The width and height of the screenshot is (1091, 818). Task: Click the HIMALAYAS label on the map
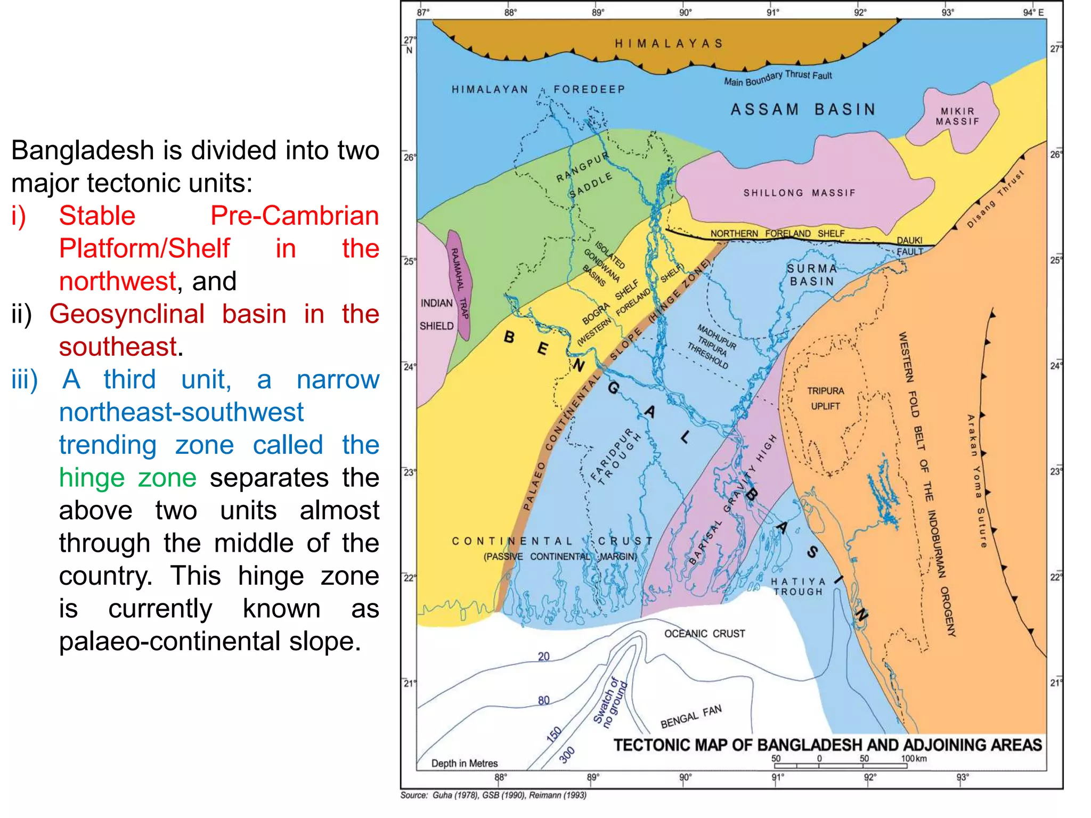[x=669, y=43]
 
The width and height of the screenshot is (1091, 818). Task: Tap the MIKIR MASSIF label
[x=957, y=116]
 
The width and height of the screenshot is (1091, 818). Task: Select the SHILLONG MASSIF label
[x=799, y=193]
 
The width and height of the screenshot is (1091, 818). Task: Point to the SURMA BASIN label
[x=812, y=275]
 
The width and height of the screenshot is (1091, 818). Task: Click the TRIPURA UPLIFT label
[x=825, y=398]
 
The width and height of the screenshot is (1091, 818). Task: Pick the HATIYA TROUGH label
[x=798, y=586]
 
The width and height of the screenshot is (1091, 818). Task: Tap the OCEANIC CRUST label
[x=704, y=634]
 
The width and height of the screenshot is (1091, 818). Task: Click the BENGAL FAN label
[x=691, y=717]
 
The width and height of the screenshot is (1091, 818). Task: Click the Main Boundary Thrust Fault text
[x=777, y=78]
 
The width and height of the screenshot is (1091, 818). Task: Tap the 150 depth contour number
[x=554, y=734]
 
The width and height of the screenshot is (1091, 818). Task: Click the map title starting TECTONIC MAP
[x=827, y=745]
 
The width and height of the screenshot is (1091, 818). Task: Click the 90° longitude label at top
[x=685, y=12]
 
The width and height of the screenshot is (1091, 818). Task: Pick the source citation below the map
[x=493, y=795]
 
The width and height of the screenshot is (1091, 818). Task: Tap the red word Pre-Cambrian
[x=294, y=216]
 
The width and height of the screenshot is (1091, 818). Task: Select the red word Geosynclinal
[x=127, y=314]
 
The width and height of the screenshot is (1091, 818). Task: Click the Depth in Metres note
[x=464, y=763]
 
